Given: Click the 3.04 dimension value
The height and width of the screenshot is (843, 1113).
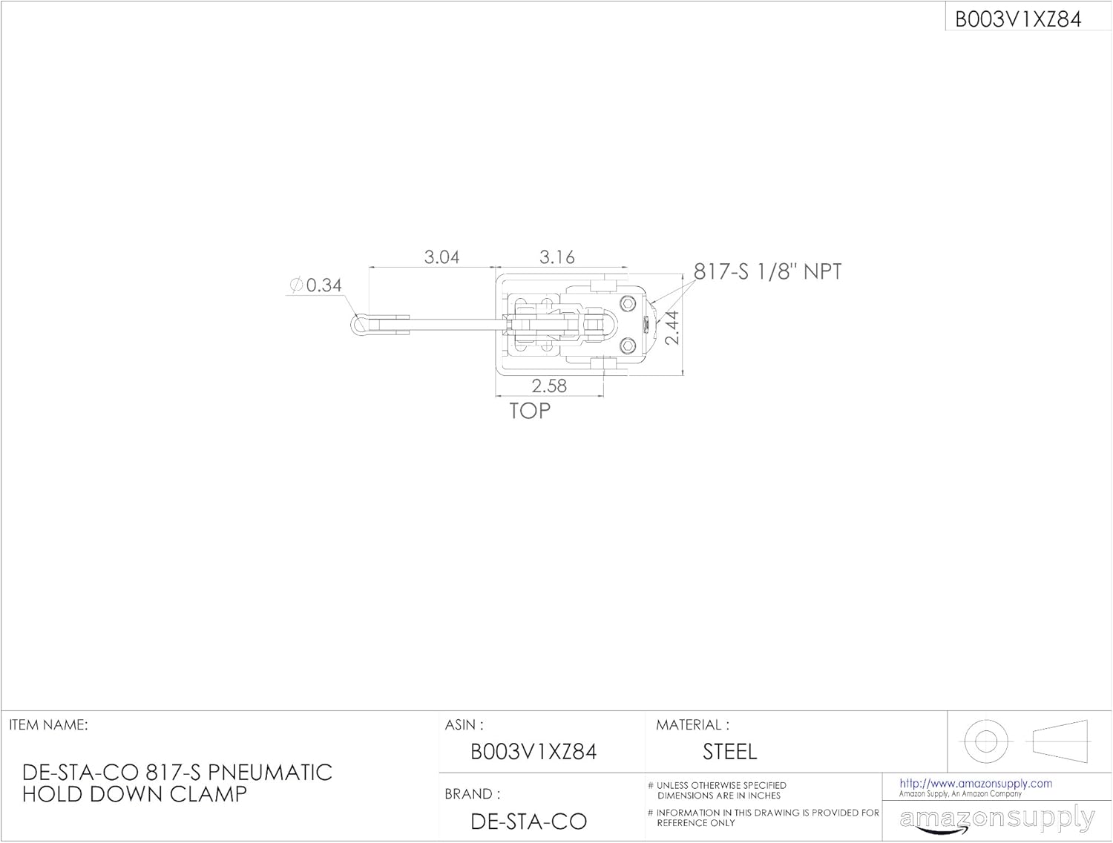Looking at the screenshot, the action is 441,257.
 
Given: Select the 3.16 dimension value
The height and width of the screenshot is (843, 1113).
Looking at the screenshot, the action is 556,257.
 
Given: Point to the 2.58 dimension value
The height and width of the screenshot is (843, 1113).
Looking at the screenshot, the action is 549,386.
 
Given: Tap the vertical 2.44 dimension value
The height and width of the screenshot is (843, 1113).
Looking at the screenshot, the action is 672,328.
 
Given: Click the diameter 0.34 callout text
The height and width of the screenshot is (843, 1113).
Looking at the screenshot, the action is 316,285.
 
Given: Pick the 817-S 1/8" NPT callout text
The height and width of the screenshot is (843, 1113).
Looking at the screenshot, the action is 768,271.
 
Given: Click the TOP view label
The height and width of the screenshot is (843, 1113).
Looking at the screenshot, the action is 530,411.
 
